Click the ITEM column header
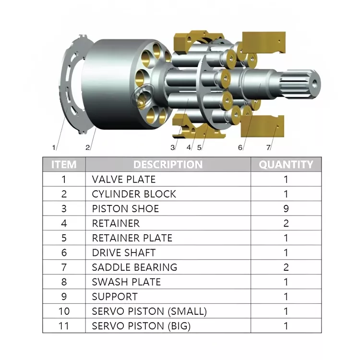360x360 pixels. click(64, 165)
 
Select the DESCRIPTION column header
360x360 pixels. click(168, 165)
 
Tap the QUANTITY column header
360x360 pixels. click(286, 165)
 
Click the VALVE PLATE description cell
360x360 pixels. click(124, 180)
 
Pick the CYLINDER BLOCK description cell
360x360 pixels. click(134, 194)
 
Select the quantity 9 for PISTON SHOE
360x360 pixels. click(286, 209)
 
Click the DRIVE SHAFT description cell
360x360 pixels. click(124, 252)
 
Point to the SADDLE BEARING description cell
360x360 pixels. click(134, 267)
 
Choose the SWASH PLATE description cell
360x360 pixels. click(126, 282)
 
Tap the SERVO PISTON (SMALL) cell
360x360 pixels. click(149, 311)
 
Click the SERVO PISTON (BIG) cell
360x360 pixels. click(141, 326)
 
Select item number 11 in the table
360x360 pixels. click(64, 326)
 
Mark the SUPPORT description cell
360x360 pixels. click(115, 297)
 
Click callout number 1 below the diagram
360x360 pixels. click(54, 147)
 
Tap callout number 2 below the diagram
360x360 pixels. click(87, 147)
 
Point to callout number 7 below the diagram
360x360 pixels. click(268, 147)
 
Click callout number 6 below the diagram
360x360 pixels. click(240, 147)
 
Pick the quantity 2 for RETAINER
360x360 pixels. click(286, 223)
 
